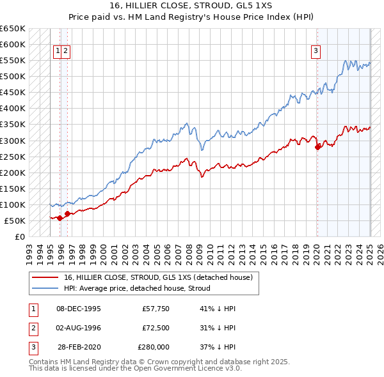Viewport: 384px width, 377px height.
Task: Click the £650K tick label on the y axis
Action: [13, 29]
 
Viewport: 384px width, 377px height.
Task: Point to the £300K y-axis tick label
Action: [13, 141]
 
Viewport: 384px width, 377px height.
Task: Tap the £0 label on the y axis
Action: [20, 236]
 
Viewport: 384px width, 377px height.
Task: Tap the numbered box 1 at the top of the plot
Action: [58, 52]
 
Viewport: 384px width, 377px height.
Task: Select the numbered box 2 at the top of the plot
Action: [66, 52]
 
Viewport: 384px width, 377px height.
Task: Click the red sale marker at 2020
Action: [317, 147]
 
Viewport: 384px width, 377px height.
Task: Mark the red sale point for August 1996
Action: [67, 213]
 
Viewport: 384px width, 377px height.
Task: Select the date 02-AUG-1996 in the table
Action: [79, 328]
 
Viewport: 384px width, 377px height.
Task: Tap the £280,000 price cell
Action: [154, 347]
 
